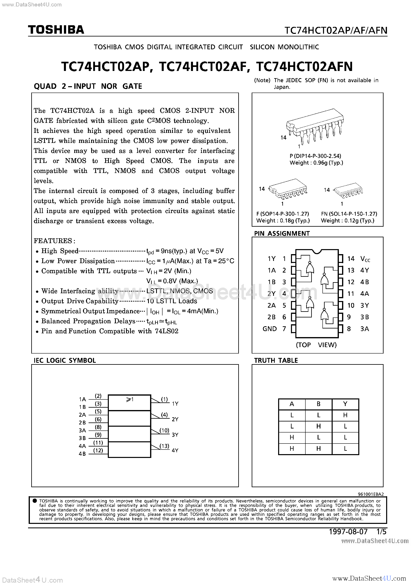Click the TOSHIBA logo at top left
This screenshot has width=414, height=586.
56,30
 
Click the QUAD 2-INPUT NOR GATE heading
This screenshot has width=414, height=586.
88,86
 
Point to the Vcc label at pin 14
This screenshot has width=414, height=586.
365,259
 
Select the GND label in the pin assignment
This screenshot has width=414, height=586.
270,329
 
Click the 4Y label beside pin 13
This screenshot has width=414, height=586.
365,270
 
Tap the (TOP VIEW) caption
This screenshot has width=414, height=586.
316,345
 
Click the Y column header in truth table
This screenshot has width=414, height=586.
345,404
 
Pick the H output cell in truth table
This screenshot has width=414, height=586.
345,415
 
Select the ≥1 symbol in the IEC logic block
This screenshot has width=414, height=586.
130,400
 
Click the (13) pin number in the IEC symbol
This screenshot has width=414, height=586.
164,446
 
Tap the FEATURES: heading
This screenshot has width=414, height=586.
54,241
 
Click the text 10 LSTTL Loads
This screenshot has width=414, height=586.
172,301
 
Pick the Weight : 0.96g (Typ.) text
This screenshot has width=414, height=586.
316,163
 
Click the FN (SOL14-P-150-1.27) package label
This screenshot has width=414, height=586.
349,214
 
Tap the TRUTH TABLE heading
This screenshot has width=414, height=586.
276,360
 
